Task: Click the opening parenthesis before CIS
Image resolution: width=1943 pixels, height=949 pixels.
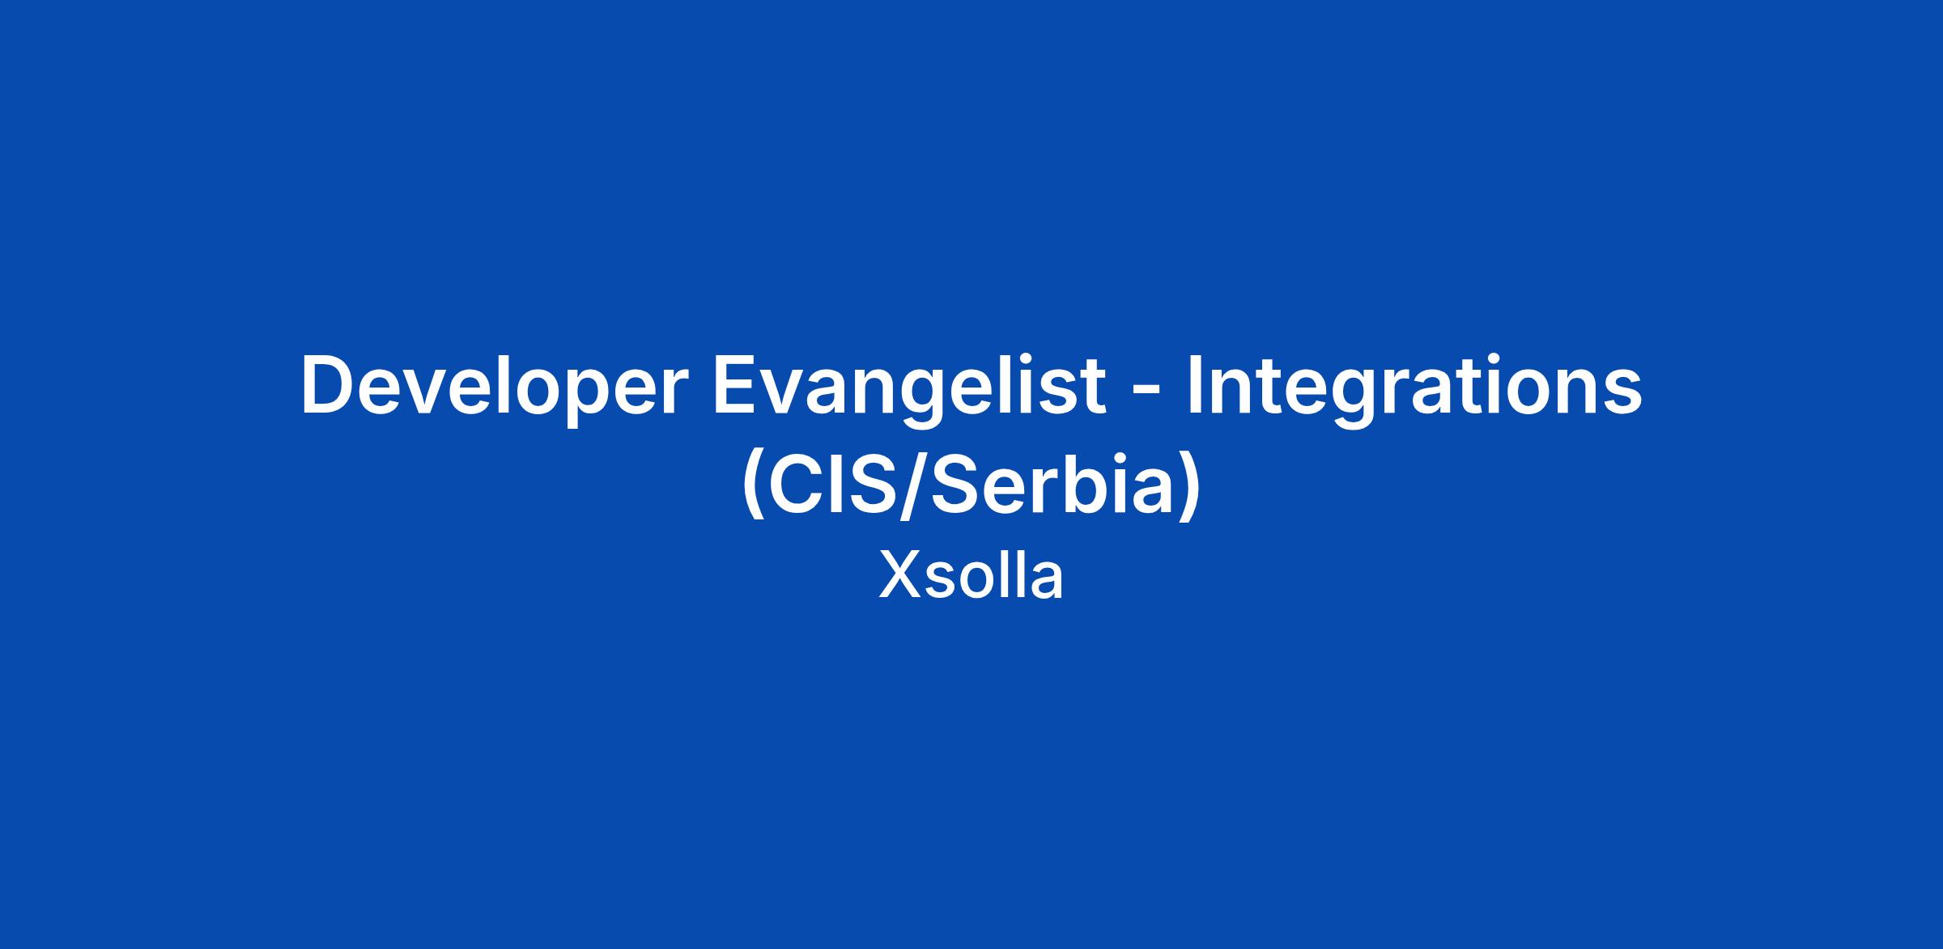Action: pos(751,489)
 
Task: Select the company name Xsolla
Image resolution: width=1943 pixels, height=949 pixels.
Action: pos(971,576)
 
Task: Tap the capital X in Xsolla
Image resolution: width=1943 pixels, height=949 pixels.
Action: pos(899,576)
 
